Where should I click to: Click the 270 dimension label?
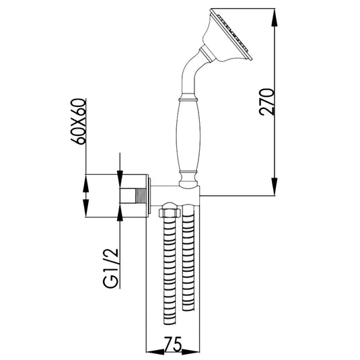266,102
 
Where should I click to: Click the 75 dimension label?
173,344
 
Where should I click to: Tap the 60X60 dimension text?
79,121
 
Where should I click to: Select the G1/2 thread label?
110,268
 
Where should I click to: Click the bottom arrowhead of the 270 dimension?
275,186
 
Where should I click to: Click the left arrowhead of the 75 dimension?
155,351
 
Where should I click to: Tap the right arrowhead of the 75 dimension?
190,351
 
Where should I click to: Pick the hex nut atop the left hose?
169,213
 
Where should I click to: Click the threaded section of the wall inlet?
141,196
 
